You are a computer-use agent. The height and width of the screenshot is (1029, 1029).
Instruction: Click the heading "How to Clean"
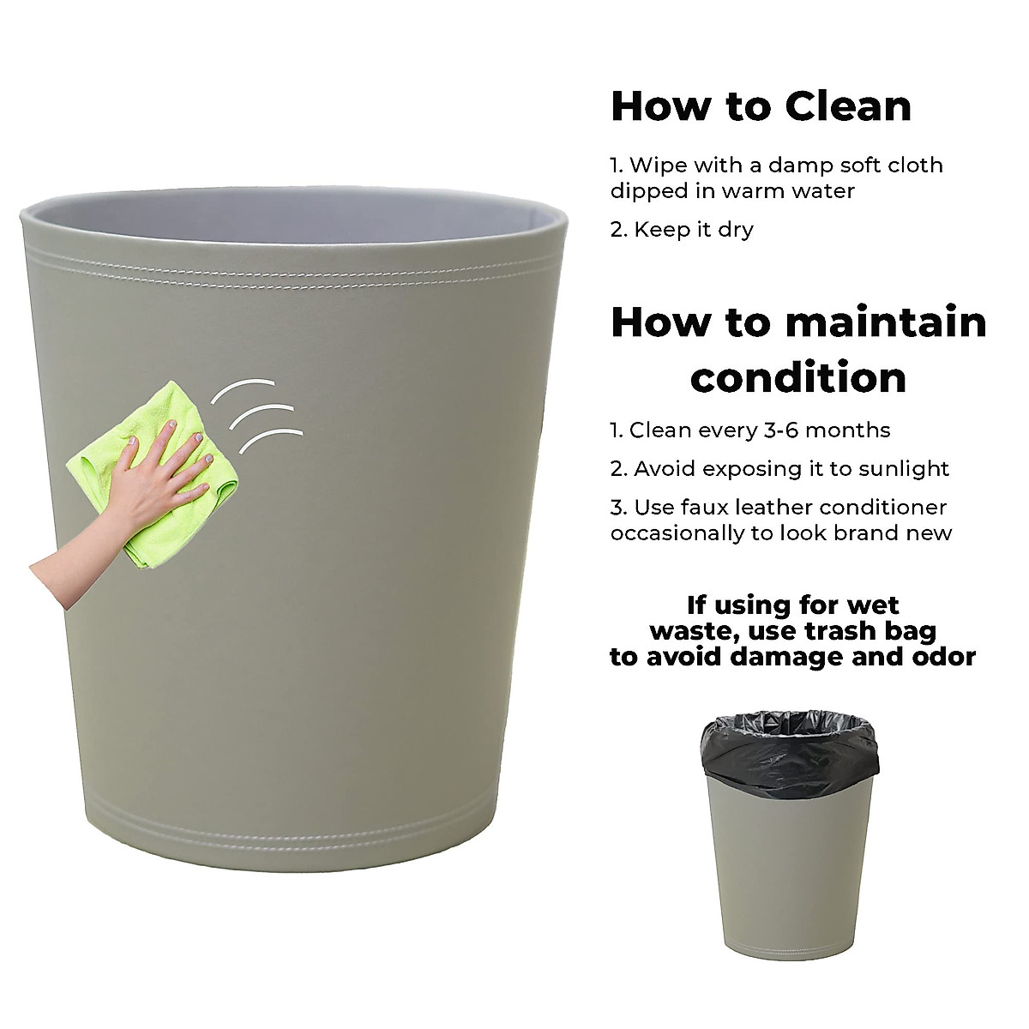761,106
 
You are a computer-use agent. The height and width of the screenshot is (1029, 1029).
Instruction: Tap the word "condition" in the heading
798,377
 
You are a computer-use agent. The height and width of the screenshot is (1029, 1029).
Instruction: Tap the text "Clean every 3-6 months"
759,430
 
